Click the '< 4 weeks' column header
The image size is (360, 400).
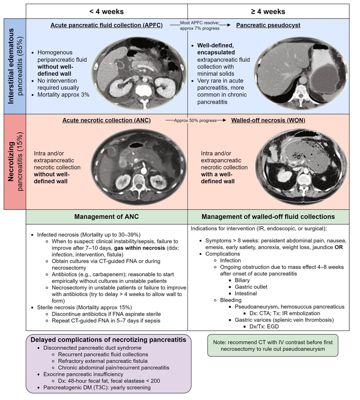coord(106,12)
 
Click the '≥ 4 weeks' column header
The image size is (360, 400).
coord(268,12)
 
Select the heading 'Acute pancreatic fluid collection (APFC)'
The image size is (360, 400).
coord(106,25)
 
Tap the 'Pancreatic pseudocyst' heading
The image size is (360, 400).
coord(268,25)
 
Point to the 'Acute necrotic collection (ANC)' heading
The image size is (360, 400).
coord(106,120)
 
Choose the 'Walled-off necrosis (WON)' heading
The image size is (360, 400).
coord(268,120)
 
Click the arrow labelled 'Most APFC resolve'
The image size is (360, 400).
coord(200,26)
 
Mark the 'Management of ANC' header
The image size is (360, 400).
coord(106,217)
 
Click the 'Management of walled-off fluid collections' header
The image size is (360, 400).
coord(268,217)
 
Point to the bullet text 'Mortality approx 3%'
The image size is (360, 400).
coord(63,95)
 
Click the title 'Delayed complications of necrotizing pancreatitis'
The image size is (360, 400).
coord(108,340)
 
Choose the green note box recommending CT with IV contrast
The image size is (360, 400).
coord(273,345)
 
